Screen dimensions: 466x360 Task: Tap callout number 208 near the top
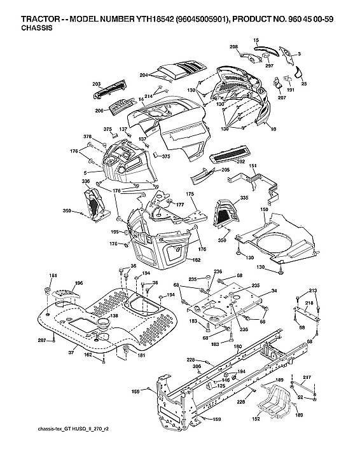pyautogui.click(x=233, y=48)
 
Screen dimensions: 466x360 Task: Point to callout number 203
pyautogui.click(x=97, y=83)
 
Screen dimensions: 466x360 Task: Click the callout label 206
pyautogui.click(x=99, y=110)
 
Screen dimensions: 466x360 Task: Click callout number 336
pyautogui.click(x=85, y=182)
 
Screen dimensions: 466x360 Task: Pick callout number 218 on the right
pyautogui.click(x=308, y=304)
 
